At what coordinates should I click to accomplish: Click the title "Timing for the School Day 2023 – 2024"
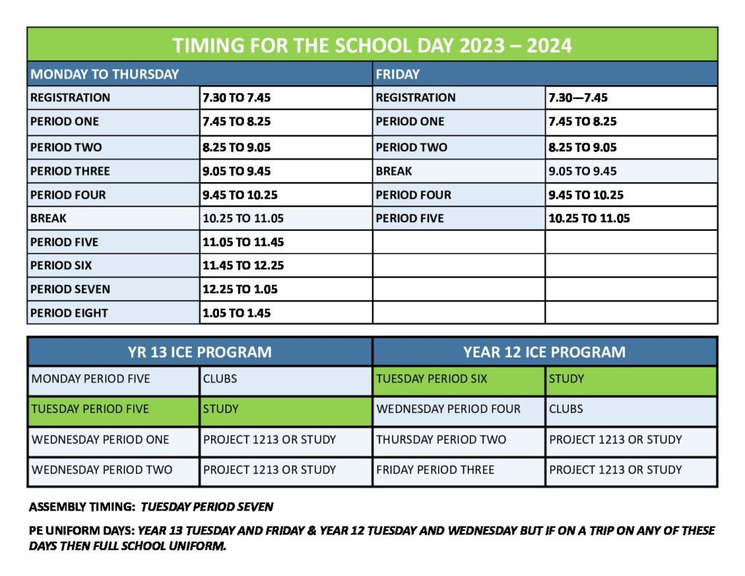pos(372,45)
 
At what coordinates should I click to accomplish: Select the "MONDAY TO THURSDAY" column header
pos(105,74)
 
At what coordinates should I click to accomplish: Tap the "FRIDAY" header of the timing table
pos(397,74)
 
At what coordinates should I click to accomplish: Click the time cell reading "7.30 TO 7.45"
pos(236,98)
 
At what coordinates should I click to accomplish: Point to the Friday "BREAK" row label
pos(394,171)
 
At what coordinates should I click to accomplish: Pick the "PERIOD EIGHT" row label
pos(69,313)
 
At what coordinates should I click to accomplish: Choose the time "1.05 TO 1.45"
pos(236,313)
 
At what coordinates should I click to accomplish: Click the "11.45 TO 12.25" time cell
pos(243,266)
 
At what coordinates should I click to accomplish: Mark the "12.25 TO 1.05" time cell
pos(240,289)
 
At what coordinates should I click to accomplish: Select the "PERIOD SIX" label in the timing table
pos(61,266)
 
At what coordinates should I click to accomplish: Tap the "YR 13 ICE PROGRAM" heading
pos(199,352)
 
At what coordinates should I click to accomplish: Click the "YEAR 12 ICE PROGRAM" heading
pos(544,352)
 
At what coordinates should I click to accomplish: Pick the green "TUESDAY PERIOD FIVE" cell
pos(90,409)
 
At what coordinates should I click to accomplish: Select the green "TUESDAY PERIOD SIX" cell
pos(431,379)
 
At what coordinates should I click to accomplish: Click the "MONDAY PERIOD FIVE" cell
pos(91,379)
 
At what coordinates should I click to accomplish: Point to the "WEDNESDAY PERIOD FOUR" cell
pos(448,409)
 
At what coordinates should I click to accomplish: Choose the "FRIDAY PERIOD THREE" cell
pos(435,470)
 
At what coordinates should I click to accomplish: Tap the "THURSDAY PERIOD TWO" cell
pos(440,440)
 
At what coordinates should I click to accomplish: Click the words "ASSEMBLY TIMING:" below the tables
pos(82,506)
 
